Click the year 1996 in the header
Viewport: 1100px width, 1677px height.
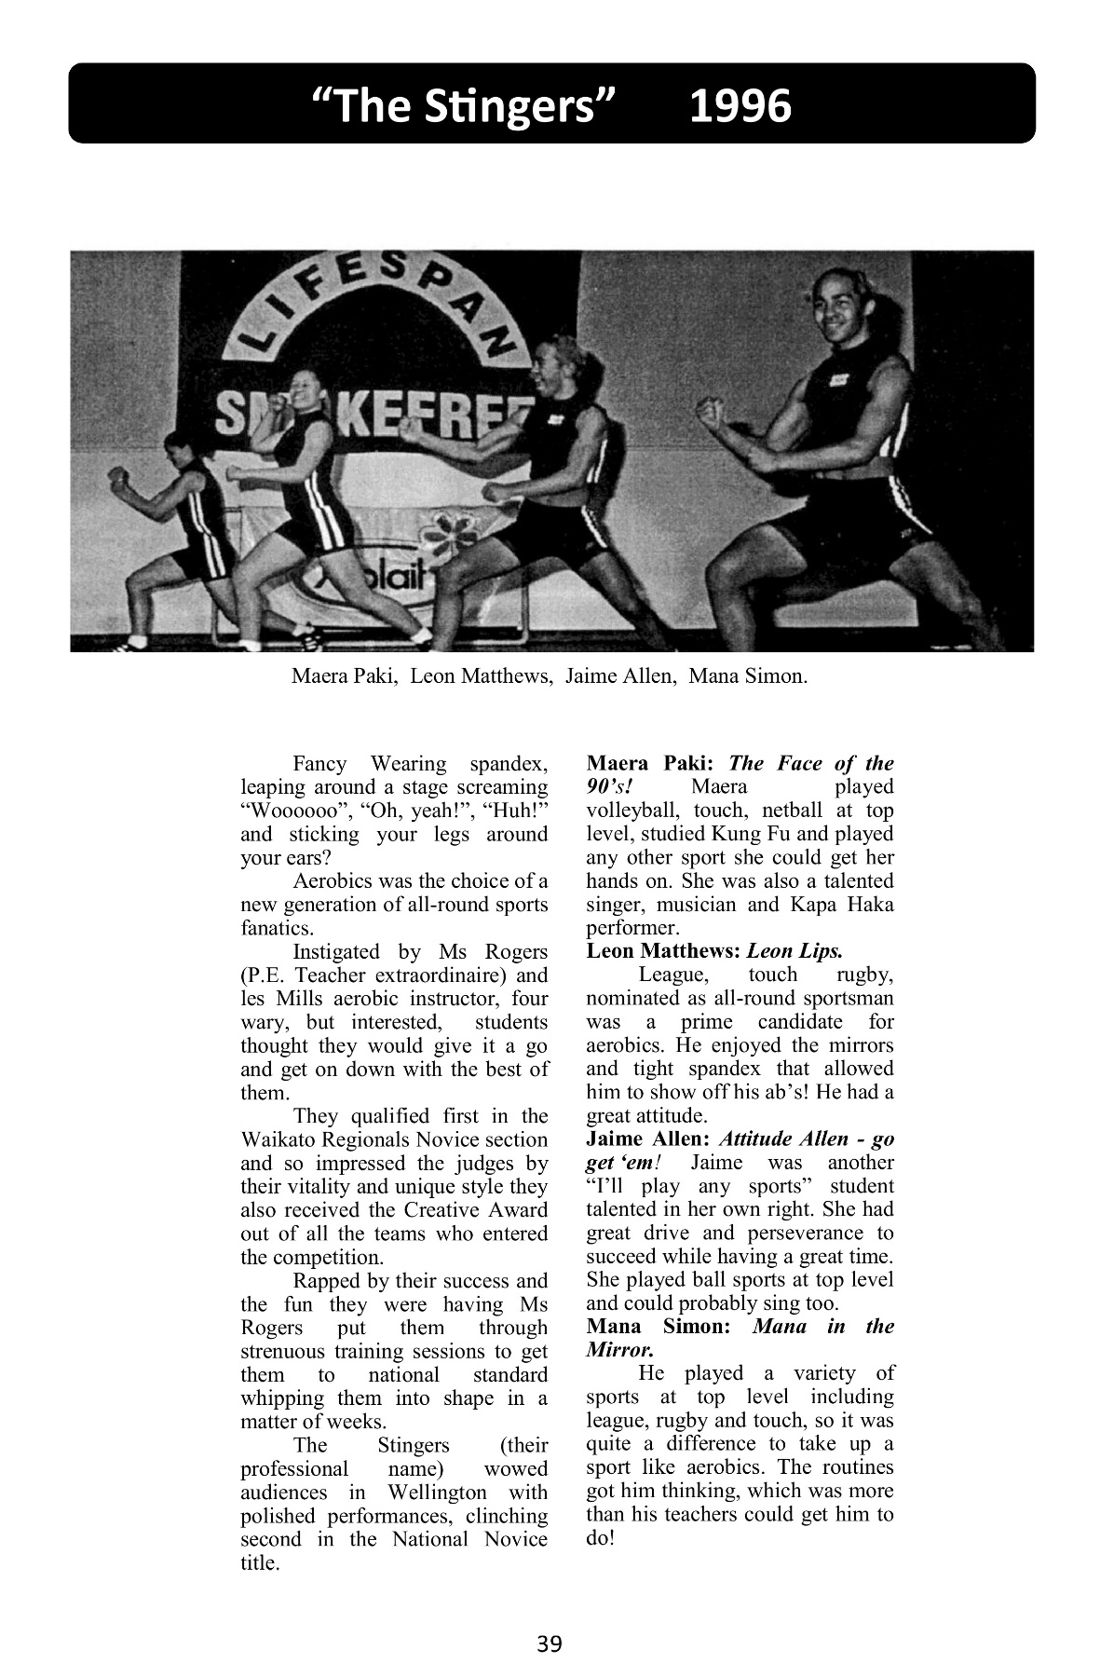740,106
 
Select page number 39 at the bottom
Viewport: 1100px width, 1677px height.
550,1643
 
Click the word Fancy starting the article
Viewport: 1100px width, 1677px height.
319,764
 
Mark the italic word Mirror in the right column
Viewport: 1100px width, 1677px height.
618,1349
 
